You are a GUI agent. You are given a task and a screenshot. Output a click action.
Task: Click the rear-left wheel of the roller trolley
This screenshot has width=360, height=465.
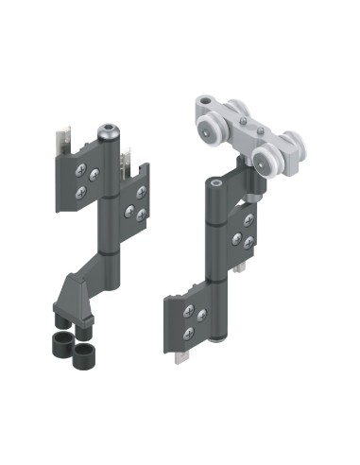[x=231, y=111]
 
